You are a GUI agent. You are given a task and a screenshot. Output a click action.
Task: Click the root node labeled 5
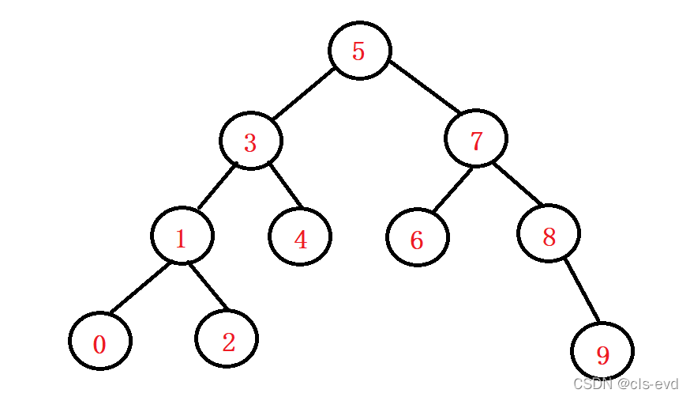click(x=359, y=51)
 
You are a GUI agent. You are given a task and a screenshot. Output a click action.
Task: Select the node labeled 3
click(x=250, y=142)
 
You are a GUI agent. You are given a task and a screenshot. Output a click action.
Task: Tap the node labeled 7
click(x=475, y=140)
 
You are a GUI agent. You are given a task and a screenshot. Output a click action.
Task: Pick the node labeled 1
click(x=182, y=236)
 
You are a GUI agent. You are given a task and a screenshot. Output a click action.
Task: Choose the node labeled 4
click(x=300, y=237)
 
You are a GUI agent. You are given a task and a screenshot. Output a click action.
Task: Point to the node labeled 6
click(x=418, y=238)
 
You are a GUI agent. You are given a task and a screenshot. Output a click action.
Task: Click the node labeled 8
click(x=549, y=233)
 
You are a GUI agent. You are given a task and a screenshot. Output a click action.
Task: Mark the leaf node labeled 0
click(x=100, y=342)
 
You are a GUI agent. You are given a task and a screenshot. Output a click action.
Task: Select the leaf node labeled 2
click(x=227, y=340)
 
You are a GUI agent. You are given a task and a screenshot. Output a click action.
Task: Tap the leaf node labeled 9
click(x=602, y=353)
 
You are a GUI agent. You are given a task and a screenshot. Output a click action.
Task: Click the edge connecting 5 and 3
click(x=304, y=93)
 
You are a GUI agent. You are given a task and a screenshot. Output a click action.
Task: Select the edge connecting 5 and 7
click(x=424, y=87)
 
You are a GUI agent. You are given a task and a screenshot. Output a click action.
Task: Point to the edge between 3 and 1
click(x=216, y=187)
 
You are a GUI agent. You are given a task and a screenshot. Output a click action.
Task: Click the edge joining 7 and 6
click(x=452, y=189)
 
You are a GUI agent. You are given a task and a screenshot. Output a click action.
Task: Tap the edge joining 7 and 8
click(x=517, y=184)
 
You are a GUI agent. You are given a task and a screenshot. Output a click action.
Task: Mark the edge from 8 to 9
click(x=581, y=291)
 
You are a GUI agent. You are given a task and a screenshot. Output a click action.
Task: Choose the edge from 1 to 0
click(x=139, y=287)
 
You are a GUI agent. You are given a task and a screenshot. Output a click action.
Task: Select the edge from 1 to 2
click(x=207, y=285)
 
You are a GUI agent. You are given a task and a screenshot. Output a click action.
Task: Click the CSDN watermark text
click(x=626, y=384)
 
